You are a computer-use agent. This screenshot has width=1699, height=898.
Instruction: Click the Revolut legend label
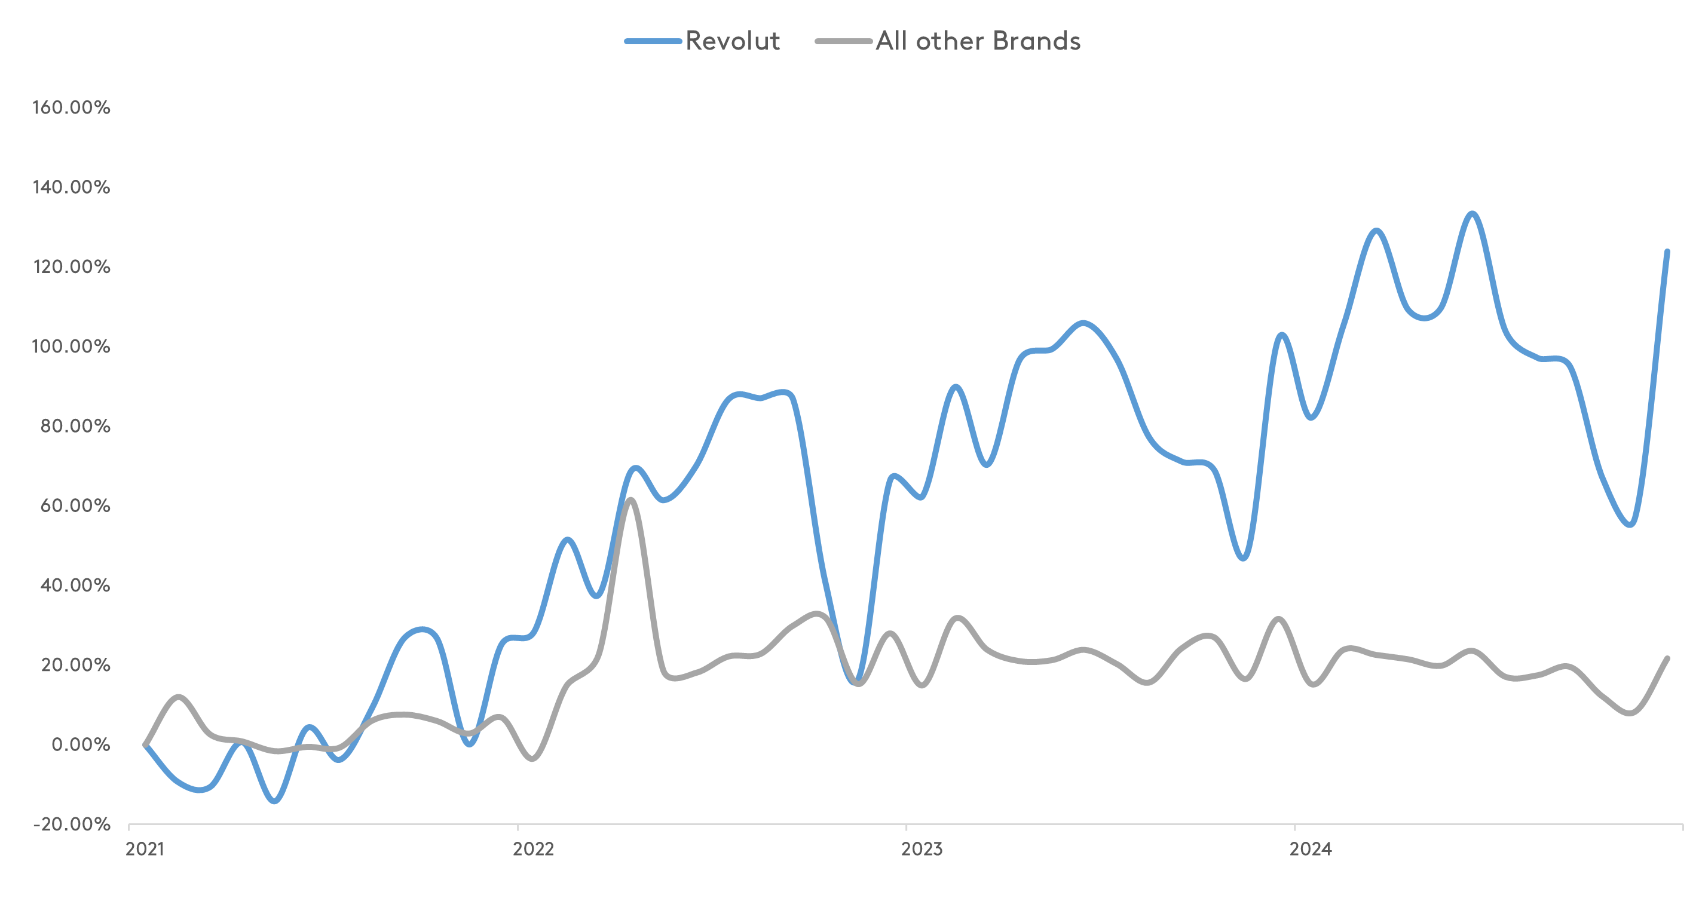[733, 41]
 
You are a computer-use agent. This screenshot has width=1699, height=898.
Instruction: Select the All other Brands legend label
[978, 41]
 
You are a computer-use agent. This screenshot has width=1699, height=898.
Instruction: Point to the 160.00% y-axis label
[71, 108]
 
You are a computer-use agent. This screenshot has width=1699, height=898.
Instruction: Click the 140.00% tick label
[71, 187]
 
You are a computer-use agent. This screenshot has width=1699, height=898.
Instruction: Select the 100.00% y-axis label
[71, 347]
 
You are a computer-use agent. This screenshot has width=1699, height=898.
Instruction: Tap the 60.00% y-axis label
[75, 505]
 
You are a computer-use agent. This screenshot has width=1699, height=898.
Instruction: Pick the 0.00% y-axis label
[81, 745]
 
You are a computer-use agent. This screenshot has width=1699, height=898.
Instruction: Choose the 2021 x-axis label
[145, 849]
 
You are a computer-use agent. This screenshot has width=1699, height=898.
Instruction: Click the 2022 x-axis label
[533, 849]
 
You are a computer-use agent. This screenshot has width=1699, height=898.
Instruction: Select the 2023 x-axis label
[922, 849]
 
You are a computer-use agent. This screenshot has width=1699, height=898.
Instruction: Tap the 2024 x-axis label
[1311, 849]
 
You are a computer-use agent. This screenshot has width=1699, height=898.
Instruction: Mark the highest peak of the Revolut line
[1472, 214]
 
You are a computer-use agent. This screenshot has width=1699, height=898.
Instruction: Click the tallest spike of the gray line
[630, 499]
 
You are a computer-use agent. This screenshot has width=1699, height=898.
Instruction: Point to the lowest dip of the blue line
[275, 802]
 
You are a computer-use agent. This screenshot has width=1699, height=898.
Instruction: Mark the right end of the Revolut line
[1667, 251]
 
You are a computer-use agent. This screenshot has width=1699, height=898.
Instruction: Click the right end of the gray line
[1667, 658]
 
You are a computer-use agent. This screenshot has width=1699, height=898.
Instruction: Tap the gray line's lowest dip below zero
[532, 759]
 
